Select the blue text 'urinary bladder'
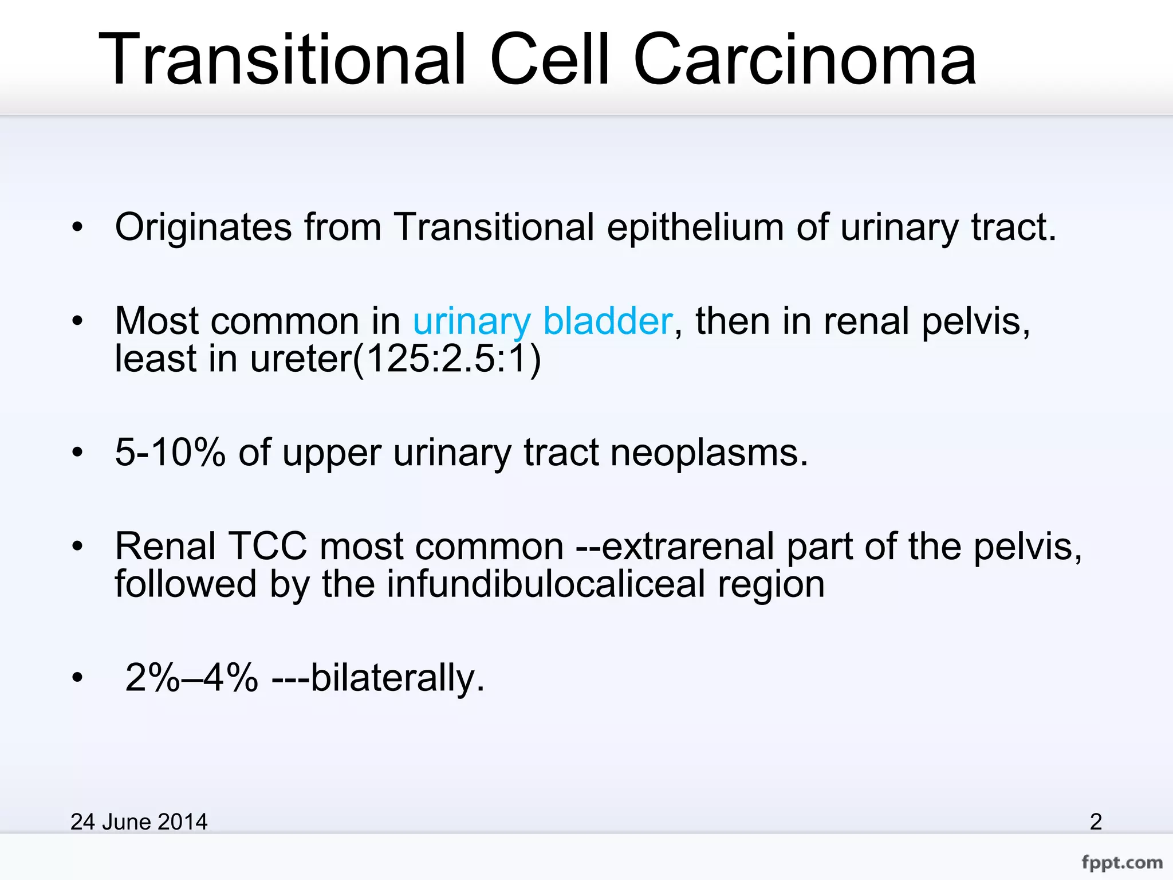click(x=542, y=321)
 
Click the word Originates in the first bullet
click(x=203, y=227)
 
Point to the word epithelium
click(x=695, y=227)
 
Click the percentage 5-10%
click(x=170, y=453)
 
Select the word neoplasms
click(x=708, y=453)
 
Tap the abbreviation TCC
click(x=268, y=546)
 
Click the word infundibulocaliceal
click(x=546, y=584)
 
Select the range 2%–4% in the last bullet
click(x=191, y=678)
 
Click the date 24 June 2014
click(x=139, y=822)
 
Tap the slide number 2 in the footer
click(x=1095, y=822)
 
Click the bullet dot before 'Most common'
click(x=77, y=321)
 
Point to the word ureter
click(x=300, y=359)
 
